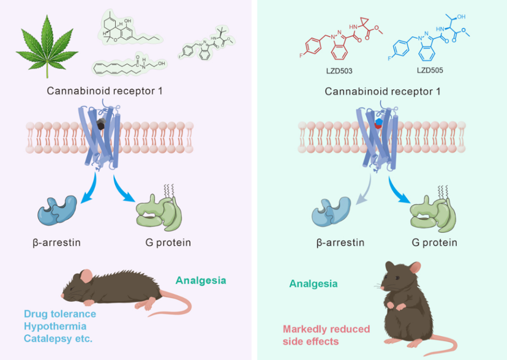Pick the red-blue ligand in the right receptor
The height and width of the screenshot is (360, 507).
(378, 124)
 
